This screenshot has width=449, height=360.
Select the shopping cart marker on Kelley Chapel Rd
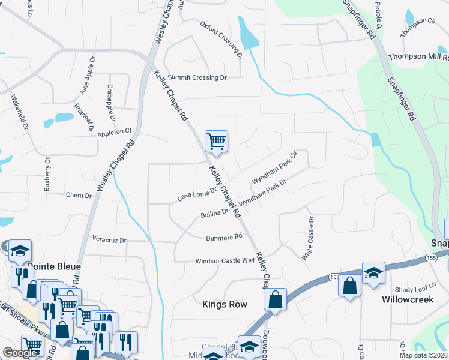216,142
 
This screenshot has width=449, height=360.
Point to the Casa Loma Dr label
196,194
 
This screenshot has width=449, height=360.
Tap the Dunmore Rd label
224,236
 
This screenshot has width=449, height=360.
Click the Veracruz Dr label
109,240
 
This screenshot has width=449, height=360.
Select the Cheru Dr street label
79,196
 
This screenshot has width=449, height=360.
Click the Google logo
20,353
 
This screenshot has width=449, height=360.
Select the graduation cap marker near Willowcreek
373,272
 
